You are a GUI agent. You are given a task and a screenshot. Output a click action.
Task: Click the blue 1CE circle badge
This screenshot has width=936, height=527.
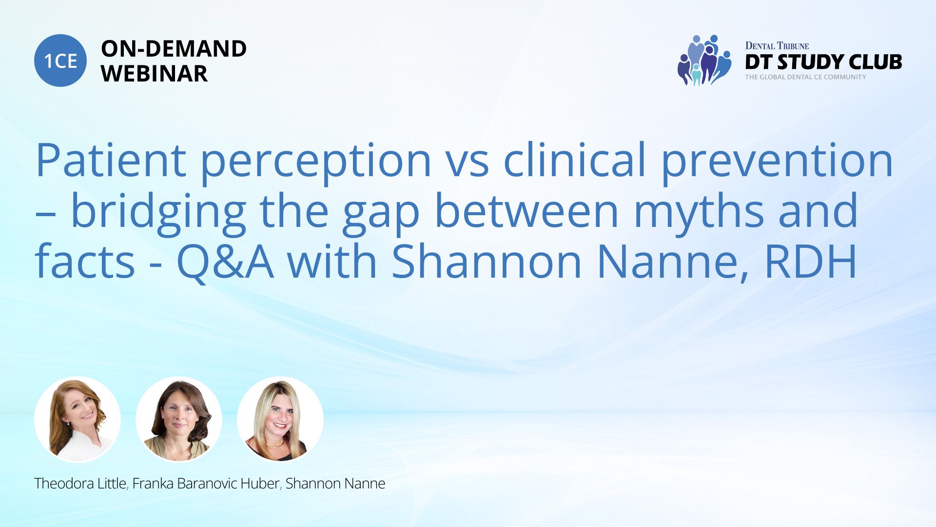point(60,61)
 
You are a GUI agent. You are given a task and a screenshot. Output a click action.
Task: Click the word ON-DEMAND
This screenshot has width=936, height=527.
point(174,48)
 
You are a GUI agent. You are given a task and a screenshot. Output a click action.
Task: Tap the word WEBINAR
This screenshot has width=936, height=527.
point(154,74)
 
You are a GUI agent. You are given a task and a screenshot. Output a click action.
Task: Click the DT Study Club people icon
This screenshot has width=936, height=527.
point(704,60)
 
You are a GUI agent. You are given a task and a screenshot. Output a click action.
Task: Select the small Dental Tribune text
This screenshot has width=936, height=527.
point(777,46)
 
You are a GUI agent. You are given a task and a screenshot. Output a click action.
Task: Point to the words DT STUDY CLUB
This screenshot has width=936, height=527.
point(823,62)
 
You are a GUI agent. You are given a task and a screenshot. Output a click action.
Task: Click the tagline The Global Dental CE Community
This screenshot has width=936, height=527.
point(805,77)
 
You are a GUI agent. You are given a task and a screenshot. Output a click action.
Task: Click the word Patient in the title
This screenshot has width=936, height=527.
point(111,160)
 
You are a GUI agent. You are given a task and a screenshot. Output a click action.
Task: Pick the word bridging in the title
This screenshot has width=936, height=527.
point(158,214)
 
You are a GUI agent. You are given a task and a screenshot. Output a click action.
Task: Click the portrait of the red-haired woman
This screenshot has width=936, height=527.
point(78,420)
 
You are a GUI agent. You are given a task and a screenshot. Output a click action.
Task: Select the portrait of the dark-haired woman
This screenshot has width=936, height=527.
point(179,420)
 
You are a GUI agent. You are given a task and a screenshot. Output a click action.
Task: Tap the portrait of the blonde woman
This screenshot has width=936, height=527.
point(280,420)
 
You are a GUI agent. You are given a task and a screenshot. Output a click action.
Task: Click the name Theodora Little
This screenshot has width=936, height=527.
point(80,484)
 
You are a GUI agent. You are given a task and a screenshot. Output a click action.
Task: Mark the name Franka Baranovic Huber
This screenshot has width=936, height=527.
point(206,484)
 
